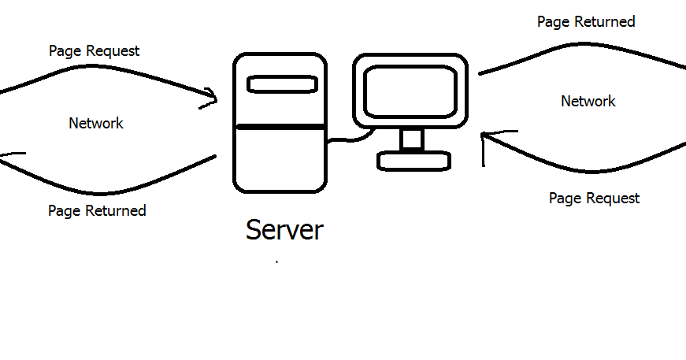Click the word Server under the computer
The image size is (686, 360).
[284, 230]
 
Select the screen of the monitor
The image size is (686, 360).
[410, 91]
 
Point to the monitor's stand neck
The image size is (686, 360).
[411, 139]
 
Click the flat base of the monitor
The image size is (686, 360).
[414, 161]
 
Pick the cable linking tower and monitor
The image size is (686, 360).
[347, 141]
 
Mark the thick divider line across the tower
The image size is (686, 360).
[280, 127]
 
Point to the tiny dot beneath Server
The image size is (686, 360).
[276, 262]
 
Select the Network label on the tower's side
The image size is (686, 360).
[96, 124]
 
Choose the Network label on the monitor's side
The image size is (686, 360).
[588, 102]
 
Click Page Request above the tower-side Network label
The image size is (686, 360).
[94, 51]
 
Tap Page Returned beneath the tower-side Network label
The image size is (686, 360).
[97, 211]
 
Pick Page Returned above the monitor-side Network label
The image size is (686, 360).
[586, 22]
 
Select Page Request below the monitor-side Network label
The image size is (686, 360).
[594, 199]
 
